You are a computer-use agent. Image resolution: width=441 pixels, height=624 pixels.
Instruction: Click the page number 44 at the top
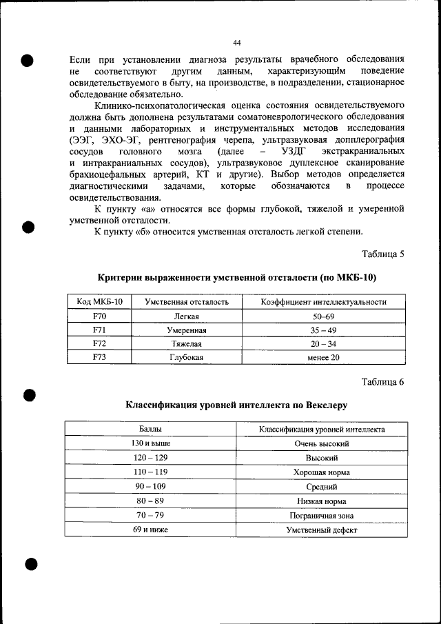click(236, 42)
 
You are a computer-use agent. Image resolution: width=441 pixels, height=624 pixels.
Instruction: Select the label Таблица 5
click(382, 254)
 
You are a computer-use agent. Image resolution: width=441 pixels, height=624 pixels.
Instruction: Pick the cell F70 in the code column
click(98, 316)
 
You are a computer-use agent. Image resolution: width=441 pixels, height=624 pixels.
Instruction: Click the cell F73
click(98, 357)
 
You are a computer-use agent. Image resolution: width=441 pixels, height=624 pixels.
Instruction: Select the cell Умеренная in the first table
click(186, 330)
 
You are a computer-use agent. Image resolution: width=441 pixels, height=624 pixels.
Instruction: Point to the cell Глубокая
click(186, 357)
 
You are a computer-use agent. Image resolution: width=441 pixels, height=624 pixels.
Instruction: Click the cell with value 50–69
click(323, 316)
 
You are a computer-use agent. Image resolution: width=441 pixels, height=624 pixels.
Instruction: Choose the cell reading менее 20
click(323, 357)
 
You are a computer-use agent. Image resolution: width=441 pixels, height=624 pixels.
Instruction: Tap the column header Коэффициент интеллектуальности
click(323, 302)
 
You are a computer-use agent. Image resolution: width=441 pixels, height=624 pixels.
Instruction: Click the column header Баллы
click(150, 429)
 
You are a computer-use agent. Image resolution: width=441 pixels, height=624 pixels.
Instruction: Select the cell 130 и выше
click(150, 443)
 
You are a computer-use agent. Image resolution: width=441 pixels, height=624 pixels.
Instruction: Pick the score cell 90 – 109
click(150, 486)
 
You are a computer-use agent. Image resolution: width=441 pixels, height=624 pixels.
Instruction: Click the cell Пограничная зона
click(322, 515)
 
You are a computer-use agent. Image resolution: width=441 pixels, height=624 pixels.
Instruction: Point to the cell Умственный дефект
click(322, 530)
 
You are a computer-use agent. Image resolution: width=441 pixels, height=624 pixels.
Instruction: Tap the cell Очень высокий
click(322, 443)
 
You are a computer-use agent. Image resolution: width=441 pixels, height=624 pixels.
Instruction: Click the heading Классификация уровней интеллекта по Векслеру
click(236, 405)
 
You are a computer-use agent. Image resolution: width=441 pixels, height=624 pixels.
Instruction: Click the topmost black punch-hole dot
click(28, 59)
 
